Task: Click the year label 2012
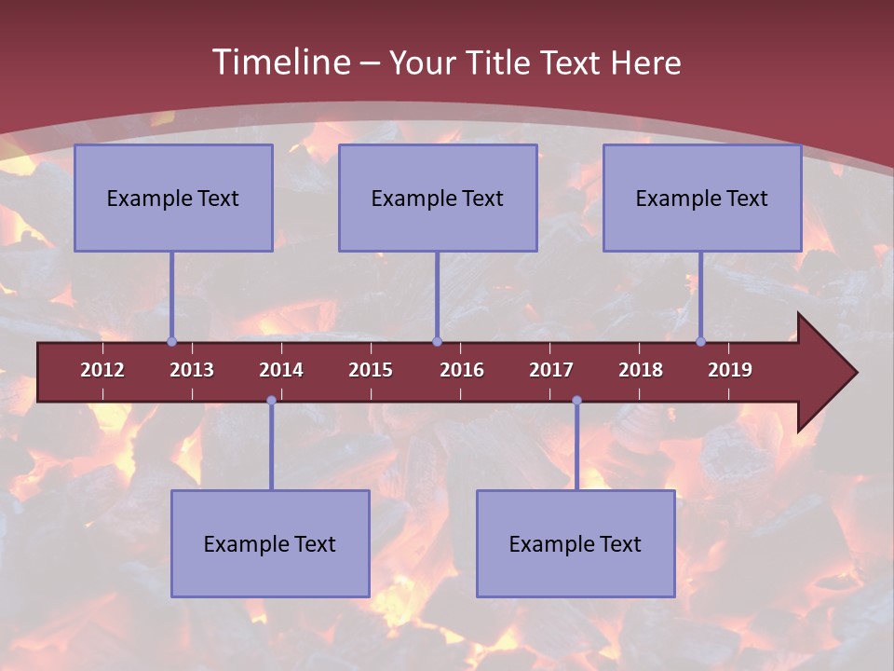click(x=102, y=370)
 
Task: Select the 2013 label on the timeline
click(x=192, y=370)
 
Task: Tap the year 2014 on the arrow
click(x=281, y=370)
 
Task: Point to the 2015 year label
click(x=371, y=370)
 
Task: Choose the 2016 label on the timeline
click(x=462, y=370)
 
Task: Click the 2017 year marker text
click(x=551, y=370)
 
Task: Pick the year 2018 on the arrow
click(x=641, y=370)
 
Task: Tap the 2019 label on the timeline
click(x=730, y=370)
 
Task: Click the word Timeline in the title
click(x=279, y=62)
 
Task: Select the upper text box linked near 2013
click(x=173, y=198)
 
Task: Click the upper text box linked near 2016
click(x=438, y=198)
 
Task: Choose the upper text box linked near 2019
click(x=702, y=198)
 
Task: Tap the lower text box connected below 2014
click(x=270, y=543)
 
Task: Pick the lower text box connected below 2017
click(x=576, y=543)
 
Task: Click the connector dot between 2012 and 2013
click(x=172, y=341)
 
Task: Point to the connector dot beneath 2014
click(x=271, y=400)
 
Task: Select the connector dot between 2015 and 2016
click(x=437, y=341)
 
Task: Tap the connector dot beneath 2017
click(x=576, y=400)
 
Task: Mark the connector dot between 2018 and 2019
click(x=701, y=341)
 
